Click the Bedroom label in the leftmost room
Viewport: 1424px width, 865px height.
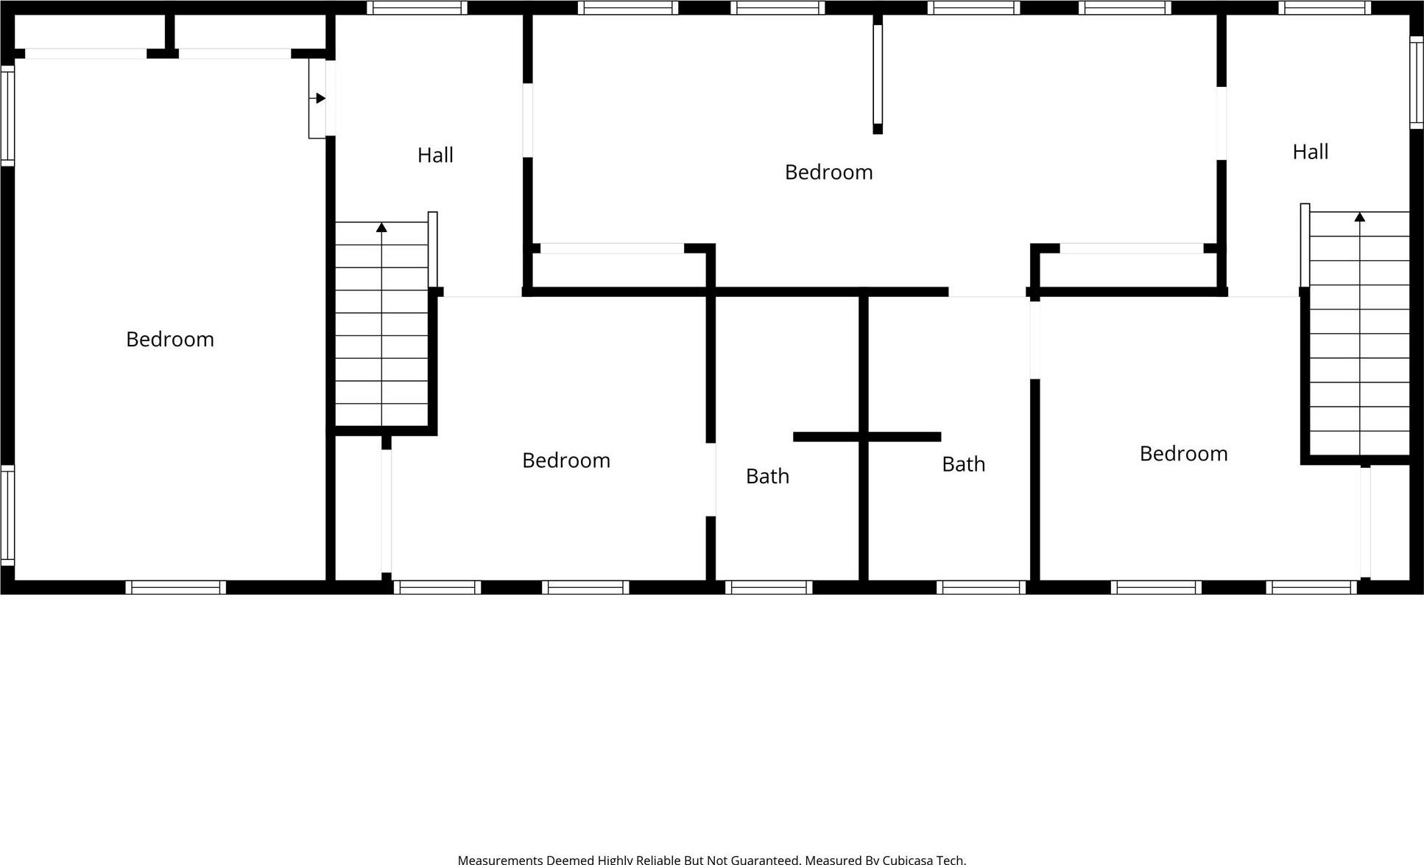170,340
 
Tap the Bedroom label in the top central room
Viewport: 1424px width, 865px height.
828,172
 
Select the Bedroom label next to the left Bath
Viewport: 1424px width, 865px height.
565,460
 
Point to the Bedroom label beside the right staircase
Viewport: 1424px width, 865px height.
1183,454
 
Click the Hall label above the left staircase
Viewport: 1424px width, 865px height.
435,155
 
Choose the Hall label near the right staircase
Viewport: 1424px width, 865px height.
1310,152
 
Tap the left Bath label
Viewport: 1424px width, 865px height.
767,477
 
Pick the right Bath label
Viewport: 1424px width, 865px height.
963,464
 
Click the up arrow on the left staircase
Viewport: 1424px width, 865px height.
381,228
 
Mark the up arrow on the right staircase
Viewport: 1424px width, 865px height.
1359,217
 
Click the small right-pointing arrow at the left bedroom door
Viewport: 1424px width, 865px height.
320,98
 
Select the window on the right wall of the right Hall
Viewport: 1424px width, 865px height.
1416,82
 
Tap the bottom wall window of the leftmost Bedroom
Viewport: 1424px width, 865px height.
175,587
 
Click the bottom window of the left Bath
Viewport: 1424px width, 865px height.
768,587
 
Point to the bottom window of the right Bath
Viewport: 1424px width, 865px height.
981,587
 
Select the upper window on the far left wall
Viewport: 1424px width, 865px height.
7,116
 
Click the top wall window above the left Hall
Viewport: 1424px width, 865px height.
417,7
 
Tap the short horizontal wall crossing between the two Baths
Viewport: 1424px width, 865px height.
867,437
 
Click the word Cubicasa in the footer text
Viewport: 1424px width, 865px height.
908,859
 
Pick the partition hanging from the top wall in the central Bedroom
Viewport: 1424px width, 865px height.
877,74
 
